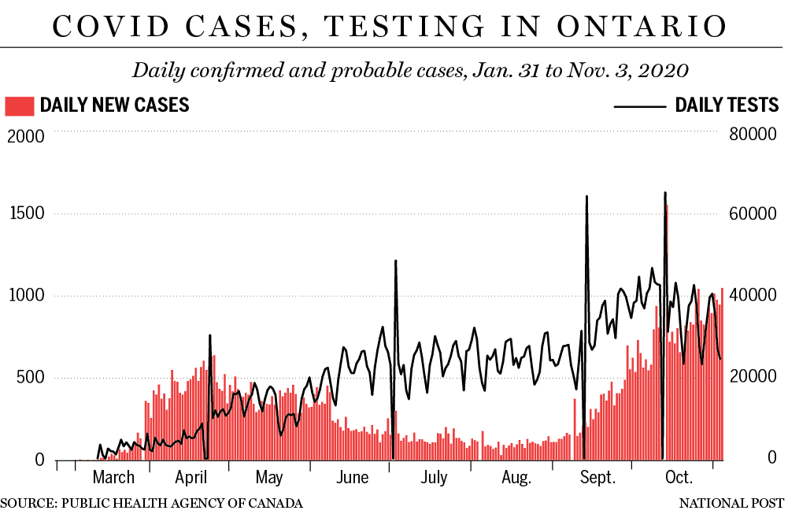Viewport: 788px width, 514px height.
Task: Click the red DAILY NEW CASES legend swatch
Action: click(x=20, y=105)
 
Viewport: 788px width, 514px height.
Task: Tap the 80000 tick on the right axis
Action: click(x=754, y=135)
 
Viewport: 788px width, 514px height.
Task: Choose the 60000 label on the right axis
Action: click(x=754, y=214)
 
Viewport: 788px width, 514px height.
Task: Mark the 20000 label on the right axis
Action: click(x=754, y=378)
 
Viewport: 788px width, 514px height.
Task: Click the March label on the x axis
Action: click(x=113, y=478)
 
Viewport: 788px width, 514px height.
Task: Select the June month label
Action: click(x=352, y=478)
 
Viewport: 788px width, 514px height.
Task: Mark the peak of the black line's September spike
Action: click(x=586, y=197)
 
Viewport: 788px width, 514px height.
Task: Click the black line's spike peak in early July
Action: click(x=395, y=261)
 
